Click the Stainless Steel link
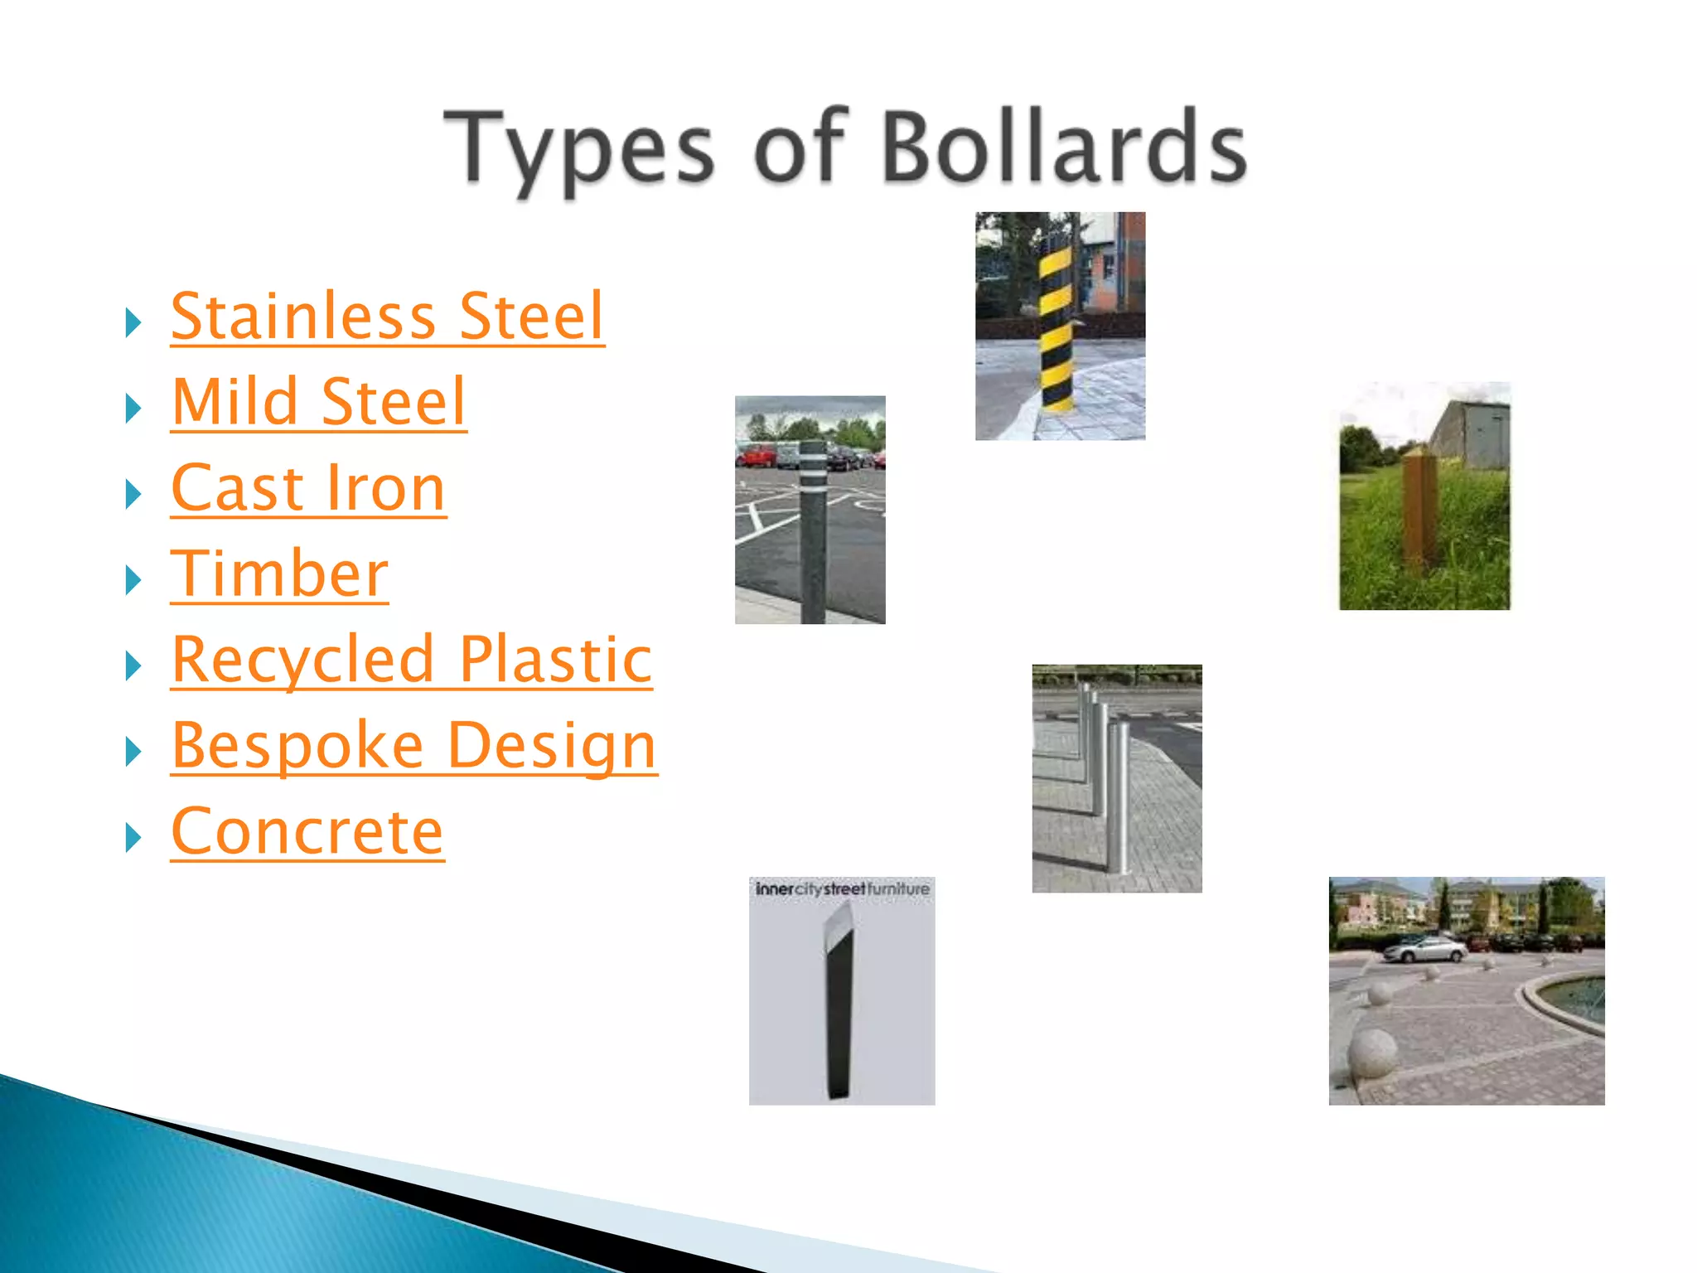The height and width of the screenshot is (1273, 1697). click(x=387, y=317)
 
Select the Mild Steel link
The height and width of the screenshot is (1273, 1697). click(x=319, y=403)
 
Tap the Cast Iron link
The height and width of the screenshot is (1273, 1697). click(x=308, y=489)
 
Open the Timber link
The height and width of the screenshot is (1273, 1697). click(x=279, y=574)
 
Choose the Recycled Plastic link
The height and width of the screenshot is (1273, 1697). click(x=412, y=661)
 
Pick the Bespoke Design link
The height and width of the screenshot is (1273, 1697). click(x=414, y=746)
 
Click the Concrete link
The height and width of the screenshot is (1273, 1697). click(x=307, y=832)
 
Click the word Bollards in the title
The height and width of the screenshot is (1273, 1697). click(x=1064, y=148)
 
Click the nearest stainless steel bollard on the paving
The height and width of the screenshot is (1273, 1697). click(x=1119, y=796)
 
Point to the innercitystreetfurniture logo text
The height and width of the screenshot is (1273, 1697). click(x=842, y=889)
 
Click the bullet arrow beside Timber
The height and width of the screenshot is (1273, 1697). click(x=133, y=580)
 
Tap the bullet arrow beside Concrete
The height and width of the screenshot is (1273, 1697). click(x=133, y=838)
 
